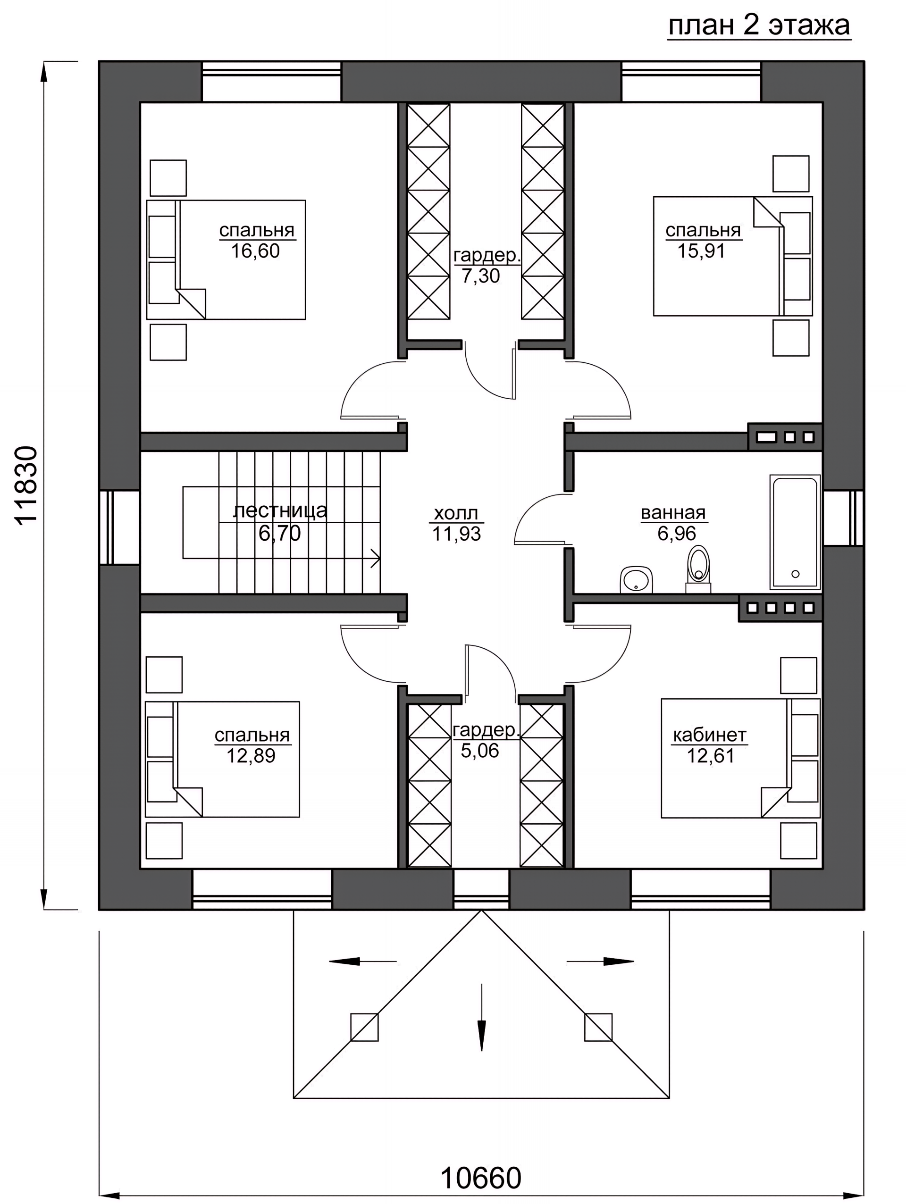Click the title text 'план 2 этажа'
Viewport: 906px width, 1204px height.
(759, 25)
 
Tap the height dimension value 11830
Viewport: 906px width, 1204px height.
(26, 485)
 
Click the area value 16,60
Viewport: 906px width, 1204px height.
(255, 251)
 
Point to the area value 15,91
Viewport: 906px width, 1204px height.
(701, 251)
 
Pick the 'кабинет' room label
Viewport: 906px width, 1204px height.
(709, 736)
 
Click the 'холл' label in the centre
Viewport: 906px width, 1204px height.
(456, 513)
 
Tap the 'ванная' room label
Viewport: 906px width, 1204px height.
(673, 513)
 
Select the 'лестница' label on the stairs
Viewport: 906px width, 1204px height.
(280, 510)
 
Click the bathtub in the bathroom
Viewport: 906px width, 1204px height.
(795, 532)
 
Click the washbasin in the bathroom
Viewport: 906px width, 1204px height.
(636, 580)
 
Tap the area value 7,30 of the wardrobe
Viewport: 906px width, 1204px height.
(481, 276)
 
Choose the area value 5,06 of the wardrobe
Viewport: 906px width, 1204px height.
(480, 751)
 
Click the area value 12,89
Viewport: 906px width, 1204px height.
(251, 755)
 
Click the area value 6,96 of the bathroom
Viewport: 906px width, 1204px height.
(677, 534)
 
